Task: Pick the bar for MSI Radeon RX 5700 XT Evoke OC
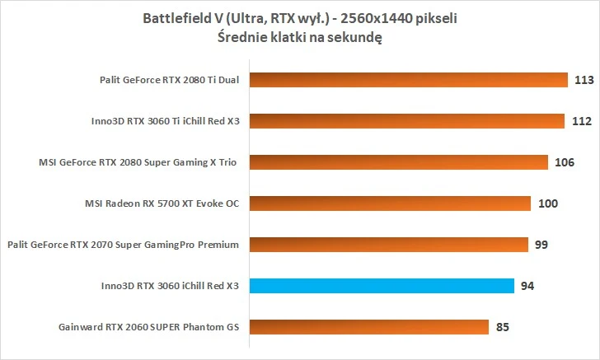[389, 203]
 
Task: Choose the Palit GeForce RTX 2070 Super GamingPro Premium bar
[387, 245]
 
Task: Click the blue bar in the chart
[381, 286]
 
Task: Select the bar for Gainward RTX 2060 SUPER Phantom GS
[368, 327]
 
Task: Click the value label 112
[581, 121]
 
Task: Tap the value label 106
[564, 162]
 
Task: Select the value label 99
[541, 245]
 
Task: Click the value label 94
[527, 286]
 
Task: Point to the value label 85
[502, 327]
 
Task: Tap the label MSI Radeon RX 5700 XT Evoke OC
[162, 203]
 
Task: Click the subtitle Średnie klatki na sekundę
[299, 37]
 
